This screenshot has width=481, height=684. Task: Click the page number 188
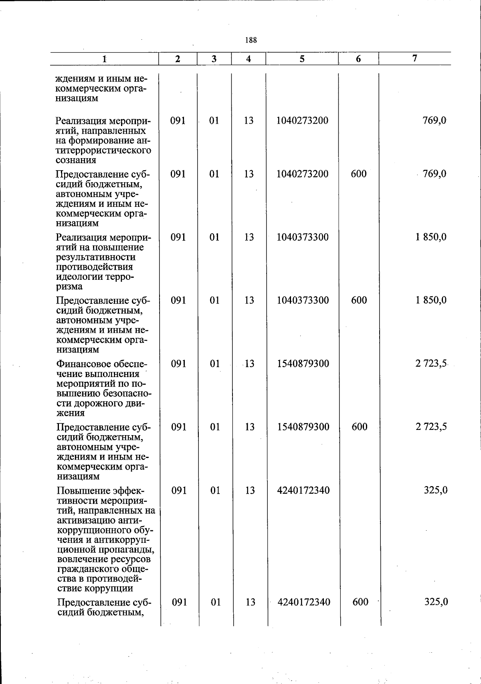click(x=251, y=40)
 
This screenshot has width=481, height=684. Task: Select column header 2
click(x=178, y=59)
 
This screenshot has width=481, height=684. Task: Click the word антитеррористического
click(x=103, y=150)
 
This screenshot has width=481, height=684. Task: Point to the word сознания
click(x=76, y=160)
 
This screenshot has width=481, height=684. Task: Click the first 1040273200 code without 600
click(x=302, y=120)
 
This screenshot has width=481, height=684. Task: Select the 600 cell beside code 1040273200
click(x=358, y=174)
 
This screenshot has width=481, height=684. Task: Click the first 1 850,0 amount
click(x=431, y=237)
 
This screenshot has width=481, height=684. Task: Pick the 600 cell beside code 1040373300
click(x=359, y=300)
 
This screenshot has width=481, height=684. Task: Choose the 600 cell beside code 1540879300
click(x=359, y=427)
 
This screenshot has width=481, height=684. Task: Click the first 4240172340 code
click(x=303, y=490)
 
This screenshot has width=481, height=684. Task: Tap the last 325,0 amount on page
click(x=436, y=602)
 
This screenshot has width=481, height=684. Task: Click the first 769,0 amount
click(x=434, y=120)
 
